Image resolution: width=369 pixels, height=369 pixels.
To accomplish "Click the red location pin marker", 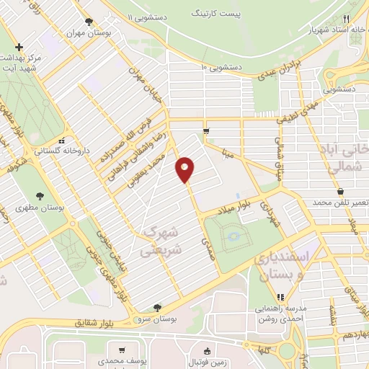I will [185, 171].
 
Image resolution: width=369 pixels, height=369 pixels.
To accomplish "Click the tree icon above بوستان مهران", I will [89, 22].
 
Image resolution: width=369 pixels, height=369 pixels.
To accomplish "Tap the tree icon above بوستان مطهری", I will [40, 195].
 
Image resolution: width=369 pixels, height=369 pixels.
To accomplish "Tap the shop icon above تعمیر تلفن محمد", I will [339, 191].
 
